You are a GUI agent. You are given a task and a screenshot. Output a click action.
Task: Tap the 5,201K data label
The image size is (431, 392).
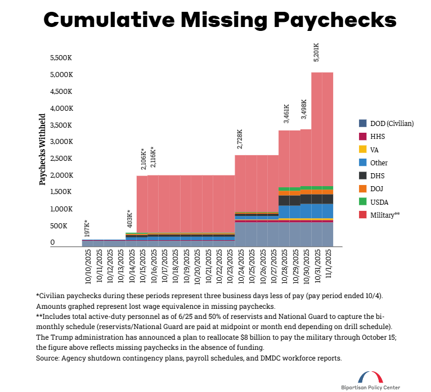point(316,52)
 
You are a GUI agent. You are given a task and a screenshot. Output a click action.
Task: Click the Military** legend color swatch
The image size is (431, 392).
point(363,214)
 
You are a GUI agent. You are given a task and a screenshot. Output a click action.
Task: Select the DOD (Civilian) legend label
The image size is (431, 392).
point(392,123)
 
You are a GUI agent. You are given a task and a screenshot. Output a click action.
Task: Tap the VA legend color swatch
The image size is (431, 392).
point(363,150)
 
